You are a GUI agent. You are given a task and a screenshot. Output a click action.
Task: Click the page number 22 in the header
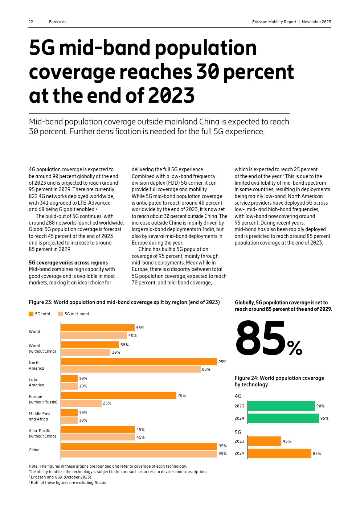click(31, 22)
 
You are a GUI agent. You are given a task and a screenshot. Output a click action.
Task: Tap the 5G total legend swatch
click(31, 314)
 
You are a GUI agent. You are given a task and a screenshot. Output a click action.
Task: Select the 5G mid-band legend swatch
click(60, 314)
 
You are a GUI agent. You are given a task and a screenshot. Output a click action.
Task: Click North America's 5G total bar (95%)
click(139, 362)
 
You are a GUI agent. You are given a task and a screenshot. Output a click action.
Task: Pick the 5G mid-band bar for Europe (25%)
click(81, 403)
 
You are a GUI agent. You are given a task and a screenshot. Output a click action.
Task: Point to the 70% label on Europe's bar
click(181, 395)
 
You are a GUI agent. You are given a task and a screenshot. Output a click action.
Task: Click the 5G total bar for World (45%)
click(98, 328)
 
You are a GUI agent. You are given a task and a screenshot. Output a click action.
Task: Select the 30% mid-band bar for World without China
click(86, 352)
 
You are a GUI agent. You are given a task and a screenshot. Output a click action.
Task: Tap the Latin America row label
click(36, 382)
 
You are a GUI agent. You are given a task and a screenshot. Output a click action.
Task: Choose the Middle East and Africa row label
click(40, 416)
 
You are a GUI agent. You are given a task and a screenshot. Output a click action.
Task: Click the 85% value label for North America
click(206, 369)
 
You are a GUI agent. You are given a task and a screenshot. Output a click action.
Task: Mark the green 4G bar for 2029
click(283, 418)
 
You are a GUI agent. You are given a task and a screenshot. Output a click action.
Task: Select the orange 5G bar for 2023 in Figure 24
click(264, 441)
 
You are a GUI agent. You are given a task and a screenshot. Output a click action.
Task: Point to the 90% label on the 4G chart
click(320, 406)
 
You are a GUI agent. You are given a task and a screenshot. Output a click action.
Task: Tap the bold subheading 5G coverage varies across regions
click(68, 263)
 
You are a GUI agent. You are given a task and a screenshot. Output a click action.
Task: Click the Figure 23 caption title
click(124, 302)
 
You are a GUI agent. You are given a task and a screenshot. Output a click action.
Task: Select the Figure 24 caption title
click(279, 381)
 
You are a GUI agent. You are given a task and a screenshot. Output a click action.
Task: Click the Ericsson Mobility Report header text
click(274, 22)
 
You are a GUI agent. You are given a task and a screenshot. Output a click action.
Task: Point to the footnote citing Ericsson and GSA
click(61, 477)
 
